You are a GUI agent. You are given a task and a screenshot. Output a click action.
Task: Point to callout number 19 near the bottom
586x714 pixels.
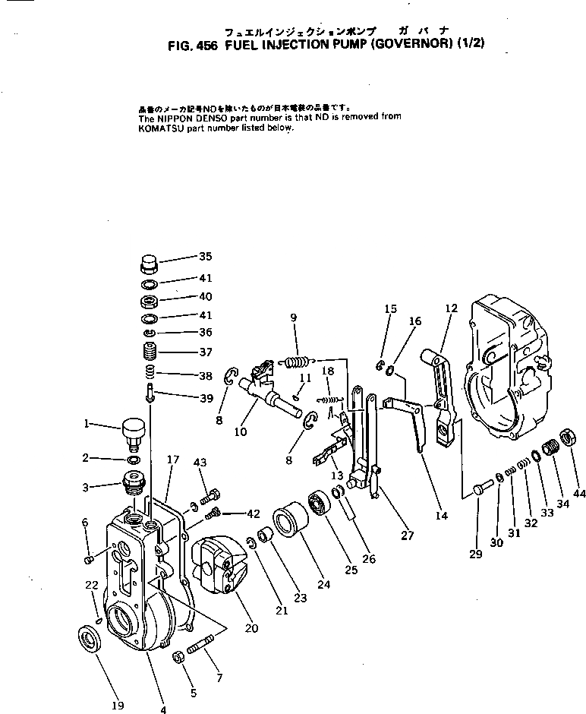117,705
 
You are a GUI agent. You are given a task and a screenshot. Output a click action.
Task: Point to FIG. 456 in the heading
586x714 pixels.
191,44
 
